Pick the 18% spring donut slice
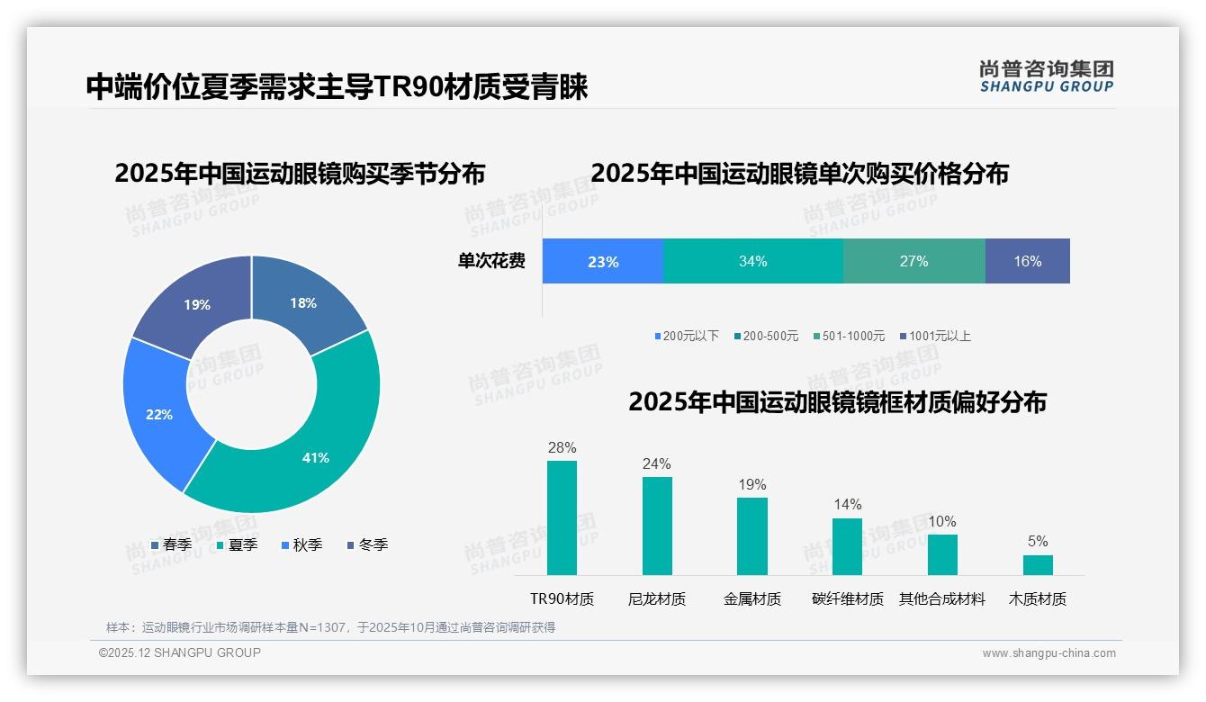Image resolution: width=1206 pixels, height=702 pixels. tap(304, 302)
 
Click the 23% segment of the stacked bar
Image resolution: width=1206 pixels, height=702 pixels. tap(603, 262)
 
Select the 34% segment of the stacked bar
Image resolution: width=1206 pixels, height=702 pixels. tap(752, 262)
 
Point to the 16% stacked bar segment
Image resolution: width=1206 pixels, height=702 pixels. tap(1027, 262)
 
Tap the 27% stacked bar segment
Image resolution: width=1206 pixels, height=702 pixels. tap(913, 262)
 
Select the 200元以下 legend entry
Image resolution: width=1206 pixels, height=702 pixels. tap(688, 336)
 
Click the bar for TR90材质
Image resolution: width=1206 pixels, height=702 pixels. tap(562, 517)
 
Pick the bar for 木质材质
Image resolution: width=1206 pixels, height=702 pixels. tap(1038, 564)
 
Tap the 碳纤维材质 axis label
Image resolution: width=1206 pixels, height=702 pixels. tap(847, 598)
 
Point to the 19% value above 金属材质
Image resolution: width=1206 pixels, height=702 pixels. tap(752, 484)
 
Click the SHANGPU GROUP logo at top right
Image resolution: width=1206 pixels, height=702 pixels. tap(1046, 76)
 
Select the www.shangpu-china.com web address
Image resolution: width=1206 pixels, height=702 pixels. tap(1048, 653)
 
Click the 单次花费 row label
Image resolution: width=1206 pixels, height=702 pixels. tap(491, 262)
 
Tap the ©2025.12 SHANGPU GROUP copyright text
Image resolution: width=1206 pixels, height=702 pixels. tap(180, 652)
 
